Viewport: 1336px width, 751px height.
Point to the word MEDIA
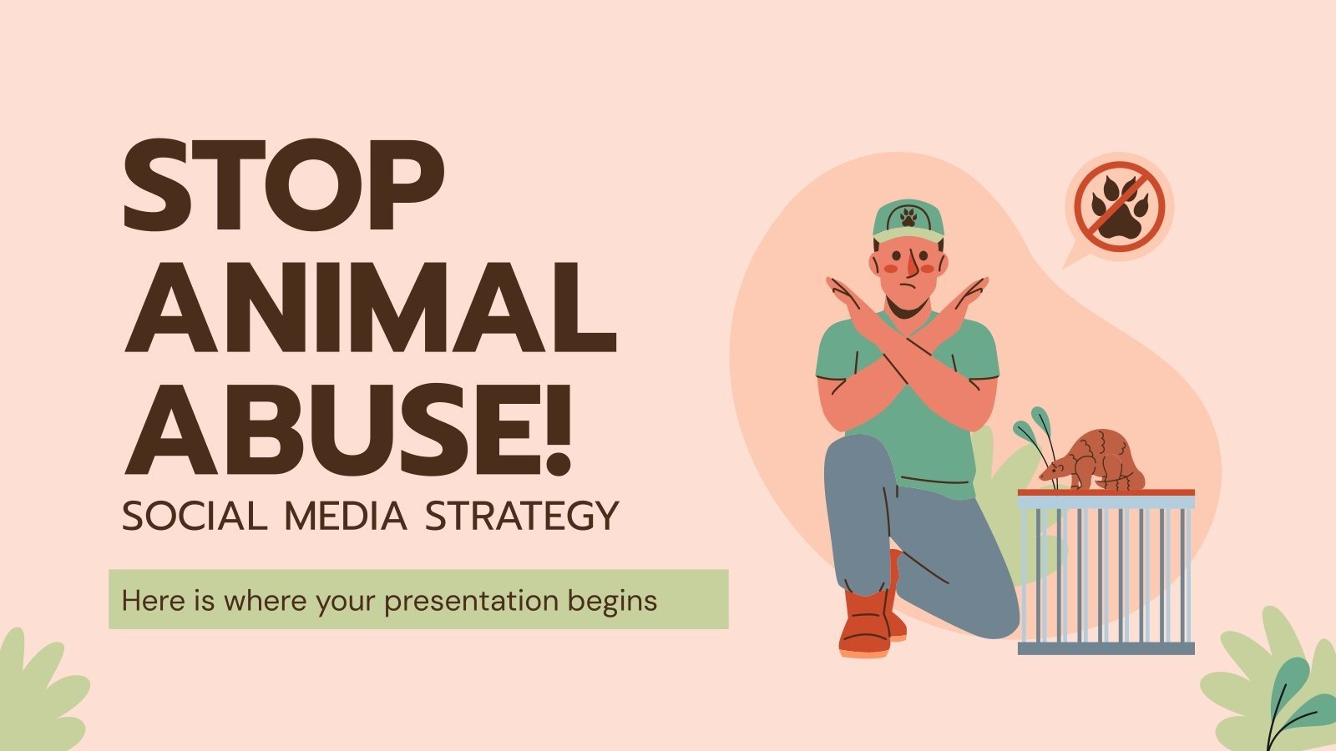point(346,517)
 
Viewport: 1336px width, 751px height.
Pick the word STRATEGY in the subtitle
point(522,517)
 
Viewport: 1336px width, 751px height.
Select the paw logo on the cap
point(908,219)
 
